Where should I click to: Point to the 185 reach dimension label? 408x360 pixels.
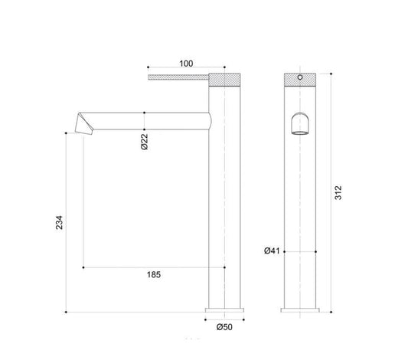[x=152, y=275]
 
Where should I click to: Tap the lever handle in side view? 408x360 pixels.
[x=178, y=77]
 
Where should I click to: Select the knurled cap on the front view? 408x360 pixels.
[x=299, y=79]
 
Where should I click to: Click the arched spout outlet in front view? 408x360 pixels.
[x=299, y=123]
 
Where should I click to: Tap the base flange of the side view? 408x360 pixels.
[x=224, y=310]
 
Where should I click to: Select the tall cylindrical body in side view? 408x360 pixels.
[x=224, y=199]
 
